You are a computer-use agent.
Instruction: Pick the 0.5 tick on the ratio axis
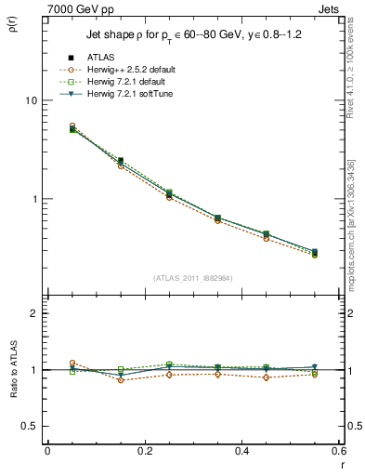[x=32, y=426]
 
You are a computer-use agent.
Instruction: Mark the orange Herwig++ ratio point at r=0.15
[x=121, y=380]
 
